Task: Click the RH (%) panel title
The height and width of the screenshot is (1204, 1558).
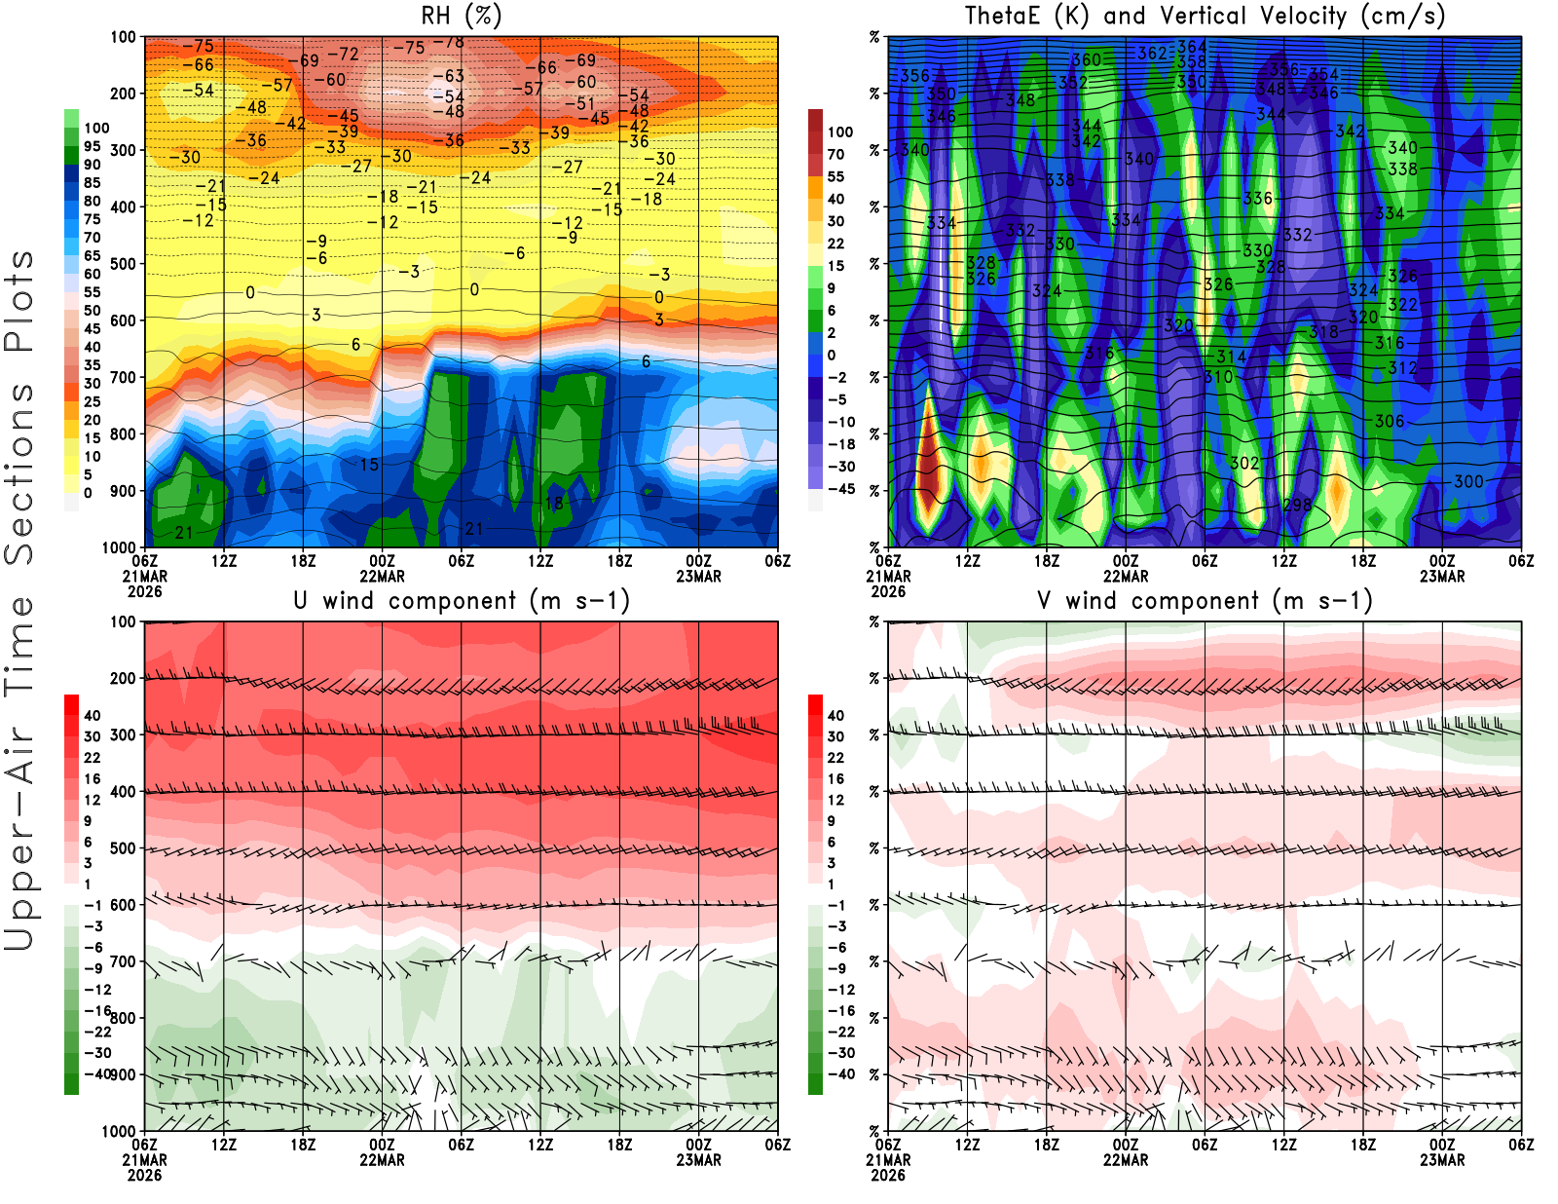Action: pyautogui.click(x=461, y=16)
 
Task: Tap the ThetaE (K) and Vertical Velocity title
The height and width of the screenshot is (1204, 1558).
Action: pyautogui.click(x=1205, y=16)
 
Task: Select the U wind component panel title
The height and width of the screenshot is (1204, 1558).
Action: pyautogui.click(x=461, y=600)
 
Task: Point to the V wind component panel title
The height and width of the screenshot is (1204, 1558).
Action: pyautogui.click(x=1205, y=600)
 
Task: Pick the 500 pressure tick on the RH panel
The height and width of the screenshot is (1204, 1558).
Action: pyautogui.click(x=123, y=264)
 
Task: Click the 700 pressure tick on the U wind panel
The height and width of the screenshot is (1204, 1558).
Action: pyautogui.click(x=123, y=961)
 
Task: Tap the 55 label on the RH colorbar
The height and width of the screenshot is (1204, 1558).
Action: pyautogui.click(x=92, y=292)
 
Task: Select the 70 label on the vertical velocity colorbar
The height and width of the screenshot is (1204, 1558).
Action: pyautogui.click(x=835, y=154)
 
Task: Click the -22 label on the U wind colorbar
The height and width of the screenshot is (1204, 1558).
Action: pyautogui.click(x=97, y=1032)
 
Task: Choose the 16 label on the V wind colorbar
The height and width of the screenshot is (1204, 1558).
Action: pyautogui.click(x=835, y=778)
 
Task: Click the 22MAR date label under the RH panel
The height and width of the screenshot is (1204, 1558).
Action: pyautogui.click(x=382, y=576)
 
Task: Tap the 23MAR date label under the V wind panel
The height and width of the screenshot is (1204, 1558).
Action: pyautogui.click(x=1442, y=1160)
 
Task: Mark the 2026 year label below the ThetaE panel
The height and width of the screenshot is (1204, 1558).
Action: pyautogui.click(x=888, y=591)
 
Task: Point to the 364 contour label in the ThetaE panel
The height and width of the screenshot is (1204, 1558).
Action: pyautogui.click(x=1192, y=47)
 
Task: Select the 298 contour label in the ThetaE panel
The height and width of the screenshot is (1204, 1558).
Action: pyautogui.click(x=1297, y=505)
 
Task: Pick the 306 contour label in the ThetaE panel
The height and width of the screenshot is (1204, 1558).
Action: pyautogui.click(x=1390, y=421)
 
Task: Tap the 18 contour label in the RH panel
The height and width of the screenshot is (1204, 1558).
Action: pyautogui.click(x=554, y=504)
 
